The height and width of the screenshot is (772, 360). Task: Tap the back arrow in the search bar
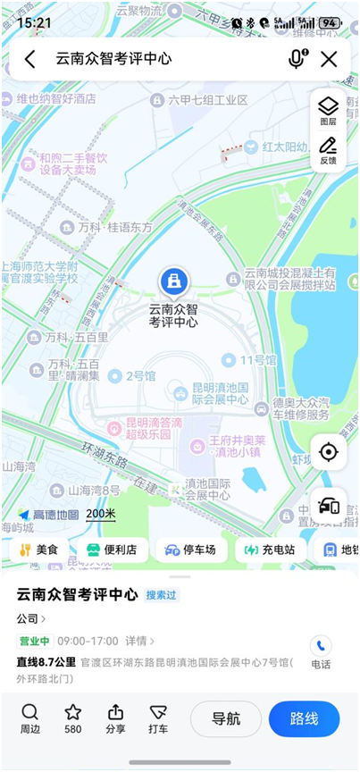pos(30,59)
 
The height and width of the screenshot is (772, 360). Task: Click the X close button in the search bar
pos(329,59)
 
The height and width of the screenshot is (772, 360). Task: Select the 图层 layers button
pos(328,111)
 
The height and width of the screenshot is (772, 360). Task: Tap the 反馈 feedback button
pos(328,150)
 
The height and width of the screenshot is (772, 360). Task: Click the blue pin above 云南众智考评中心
pos(173,281)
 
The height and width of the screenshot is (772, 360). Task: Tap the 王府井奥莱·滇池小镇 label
pos(237,447)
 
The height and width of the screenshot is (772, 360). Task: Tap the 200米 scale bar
pos(101,514)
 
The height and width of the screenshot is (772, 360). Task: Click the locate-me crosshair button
pos(329,452)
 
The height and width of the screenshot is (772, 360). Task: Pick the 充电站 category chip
pos(272,550)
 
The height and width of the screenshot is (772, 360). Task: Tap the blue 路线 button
pos(304,718)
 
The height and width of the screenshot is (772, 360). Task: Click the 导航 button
pos(226,718)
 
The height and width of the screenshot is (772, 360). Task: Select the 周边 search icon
pos(30,718)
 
